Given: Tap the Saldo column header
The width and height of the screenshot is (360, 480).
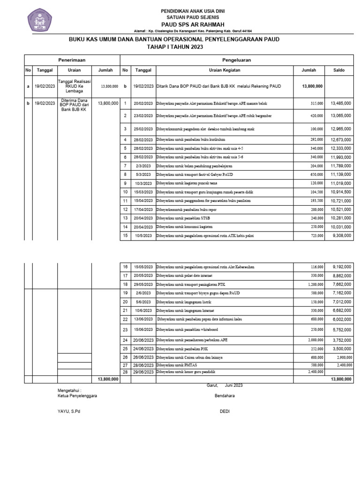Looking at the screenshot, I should (339, 70).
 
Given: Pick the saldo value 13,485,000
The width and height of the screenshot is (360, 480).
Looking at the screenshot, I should (341, 103).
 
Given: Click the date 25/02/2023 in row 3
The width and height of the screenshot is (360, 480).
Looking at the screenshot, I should (143, 128).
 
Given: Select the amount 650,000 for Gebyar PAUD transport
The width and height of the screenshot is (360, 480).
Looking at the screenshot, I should (315, 174).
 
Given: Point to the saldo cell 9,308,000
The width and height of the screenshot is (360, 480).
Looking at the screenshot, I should (342, 236).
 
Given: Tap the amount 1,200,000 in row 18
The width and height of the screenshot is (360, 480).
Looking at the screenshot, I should (314, 285).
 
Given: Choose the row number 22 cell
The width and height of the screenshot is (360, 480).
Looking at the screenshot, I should (125, 319).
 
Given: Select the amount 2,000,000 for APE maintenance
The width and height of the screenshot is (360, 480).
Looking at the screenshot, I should (314, 340).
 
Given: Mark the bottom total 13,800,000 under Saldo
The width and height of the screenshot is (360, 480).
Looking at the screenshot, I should (341, 379).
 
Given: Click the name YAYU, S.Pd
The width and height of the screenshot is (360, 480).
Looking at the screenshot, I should (65, 412).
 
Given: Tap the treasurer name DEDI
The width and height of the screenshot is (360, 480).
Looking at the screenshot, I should (225, 412).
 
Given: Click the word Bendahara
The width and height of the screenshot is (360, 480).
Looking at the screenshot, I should (225, 396).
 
